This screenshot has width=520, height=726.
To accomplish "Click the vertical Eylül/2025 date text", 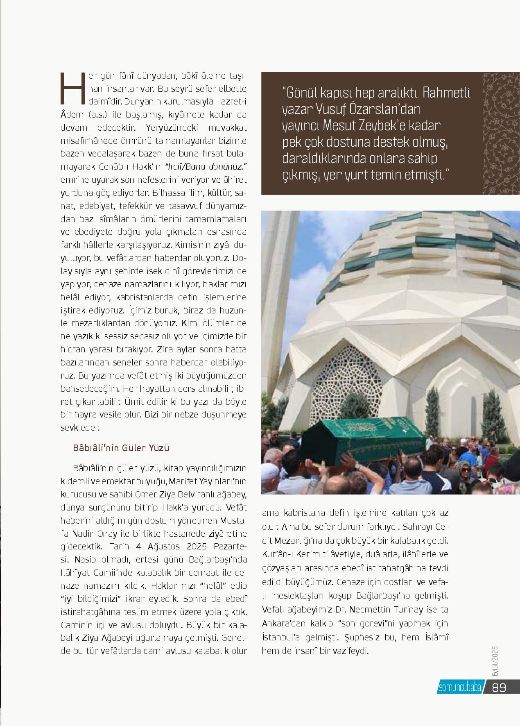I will pyautogui.click(x=494, y=663).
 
